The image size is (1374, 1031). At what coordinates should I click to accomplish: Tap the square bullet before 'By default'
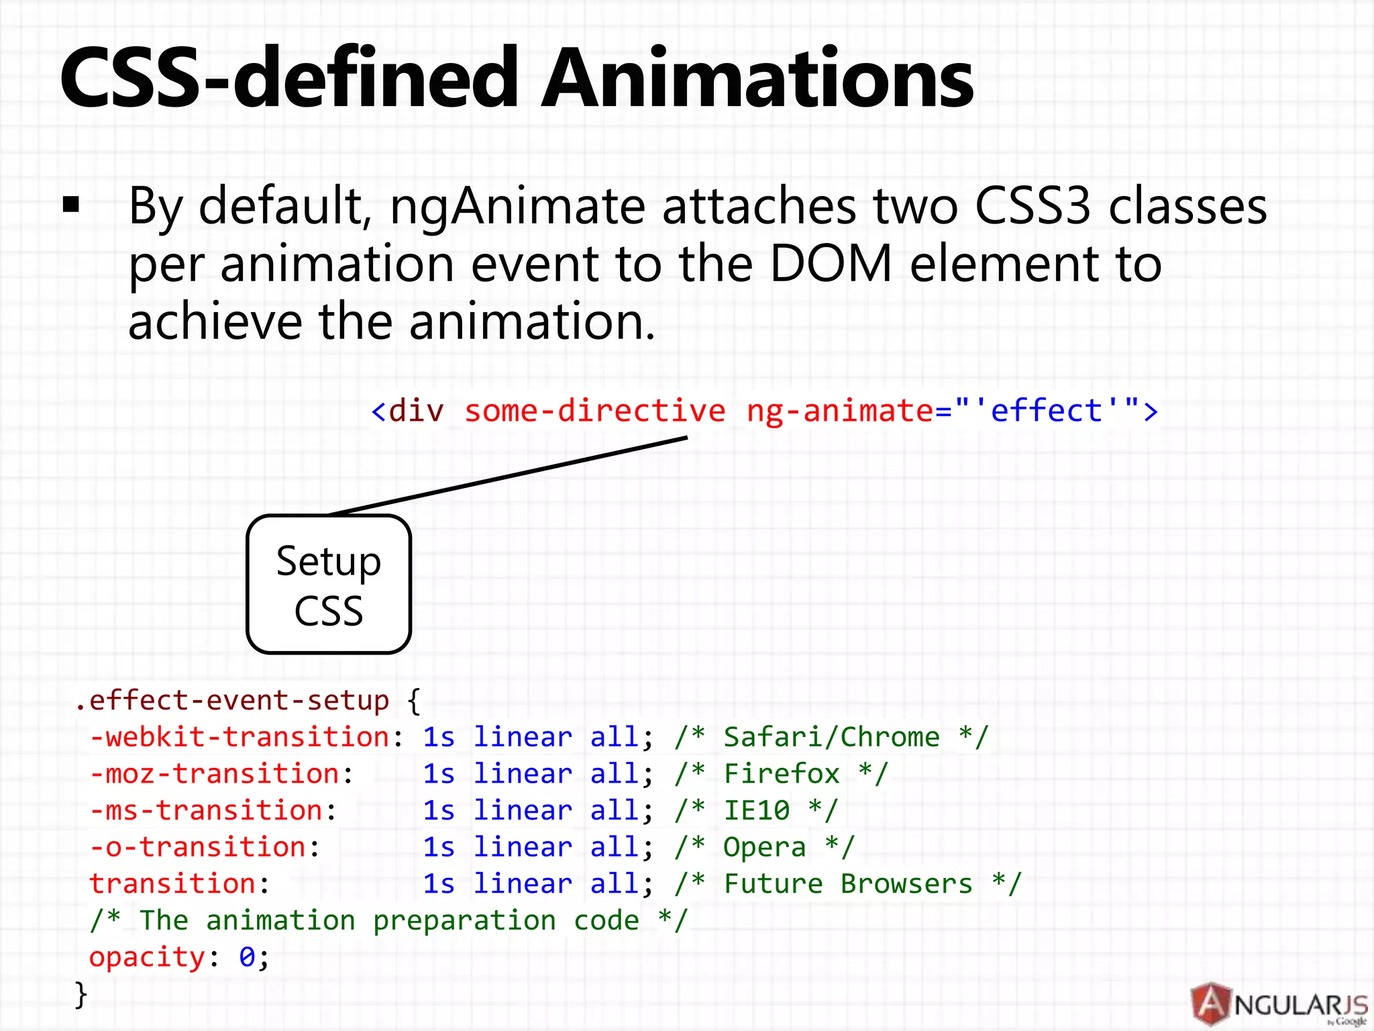coord(71,205)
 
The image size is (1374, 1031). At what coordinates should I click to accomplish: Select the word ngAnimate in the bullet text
coord(517,207)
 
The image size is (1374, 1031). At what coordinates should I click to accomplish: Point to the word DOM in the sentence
coord(831,264)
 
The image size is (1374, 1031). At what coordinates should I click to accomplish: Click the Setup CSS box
coord(329,584)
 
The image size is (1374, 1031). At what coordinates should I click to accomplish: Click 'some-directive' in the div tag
coord(594,410)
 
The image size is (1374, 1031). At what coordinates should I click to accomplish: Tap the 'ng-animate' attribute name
coord(839,410)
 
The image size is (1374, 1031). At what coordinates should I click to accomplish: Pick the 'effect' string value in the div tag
coord(1047,410)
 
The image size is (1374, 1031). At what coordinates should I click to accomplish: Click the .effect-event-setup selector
coord(231,700)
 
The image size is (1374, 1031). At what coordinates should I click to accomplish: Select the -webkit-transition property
coord(240,737)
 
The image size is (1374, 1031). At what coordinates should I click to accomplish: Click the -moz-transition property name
coord(215,774)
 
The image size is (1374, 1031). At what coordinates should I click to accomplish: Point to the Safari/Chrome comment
coord(831,737)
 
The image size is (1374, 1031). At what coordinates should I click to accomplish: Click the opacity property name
coord(147,957)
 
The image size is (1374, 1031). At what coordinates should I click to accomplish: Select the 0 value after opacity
coord(247,957)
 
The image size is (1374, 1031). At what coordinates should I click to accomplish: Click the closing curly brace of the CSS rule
coord(81,994)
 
